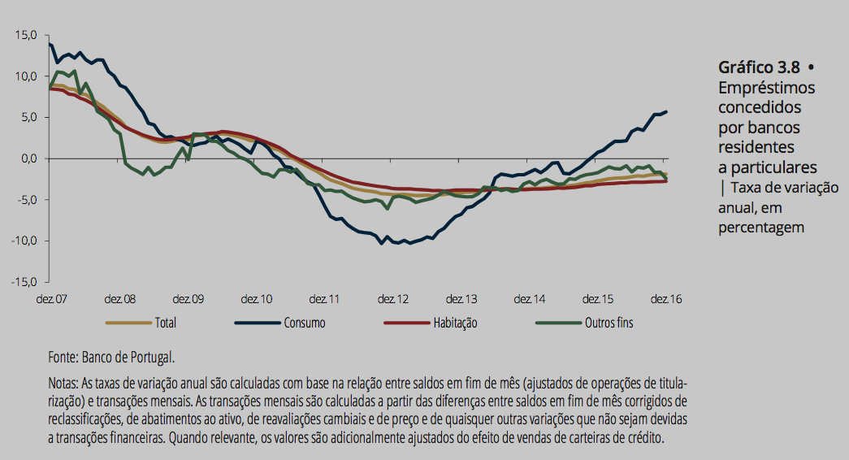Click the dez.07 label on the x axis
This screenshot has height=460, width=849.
click(x=51, y=299)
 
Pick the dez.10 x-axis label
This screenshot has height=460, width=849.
click(x=256, y=299)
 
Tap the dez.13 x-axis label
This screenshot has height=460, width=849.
click(x=461, y=299)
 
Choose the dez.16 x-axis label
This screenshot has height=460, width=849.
click(x=665, y=299)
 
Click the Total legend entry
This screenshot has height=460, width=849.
click(x=165, y=323)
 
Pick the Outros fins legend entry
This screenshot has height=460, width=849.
click(x=609, y=323)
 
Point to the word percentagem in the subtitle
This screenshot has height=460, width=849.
click(x=761, y=227)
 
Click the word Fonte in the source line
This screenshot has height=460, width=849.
click(x=62, y=357)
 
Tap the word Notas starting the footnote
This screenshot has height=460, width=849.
click(x=63, y=383)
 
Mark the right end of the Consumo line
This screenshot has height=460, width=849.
click(x=667, y=111)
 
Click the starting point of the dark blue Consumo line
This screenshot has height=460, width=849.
click(x=50, y=44)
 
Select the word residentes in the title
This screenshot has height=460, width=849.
click(x=756, y=147)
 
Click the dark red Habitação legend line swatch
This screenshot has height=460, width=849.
click(x=406, y=323)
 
